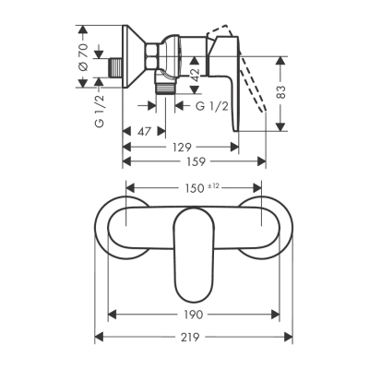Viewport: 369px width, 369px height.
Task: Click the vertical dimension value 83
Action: coord(292,92)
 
